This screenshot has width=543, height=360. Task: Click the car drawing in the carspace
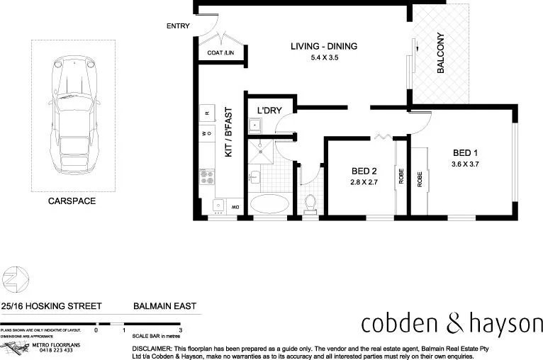[72, 114]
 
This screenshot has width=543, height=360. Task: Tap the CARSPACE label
[72, 201]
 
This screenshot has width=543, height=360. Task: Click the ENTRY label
[178, 26]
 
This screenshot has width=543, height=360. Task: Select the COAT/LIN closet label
[220, 53]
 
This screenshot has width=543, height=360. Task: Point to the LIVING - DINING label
[323, 47]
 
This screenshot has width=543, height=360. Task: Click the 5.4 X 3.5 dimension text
[323, 58]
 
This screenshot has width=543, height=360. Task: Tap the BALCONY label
[441, 53]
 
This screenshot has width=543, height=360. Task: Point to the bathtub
[269, 203]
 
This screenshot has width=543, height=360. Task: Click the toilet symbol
[309, 203]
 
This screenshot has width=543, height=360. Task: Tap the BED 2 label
[363, 171]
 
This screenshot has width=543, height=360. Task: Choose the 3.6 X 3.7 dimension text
[466, 164]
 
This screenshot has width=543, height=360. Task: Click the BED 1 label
[466, 152]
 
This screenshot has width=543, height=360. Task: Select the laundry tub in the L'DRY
[255, 126]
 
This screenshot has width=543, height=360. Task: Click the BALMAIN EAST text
[164, 307]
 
